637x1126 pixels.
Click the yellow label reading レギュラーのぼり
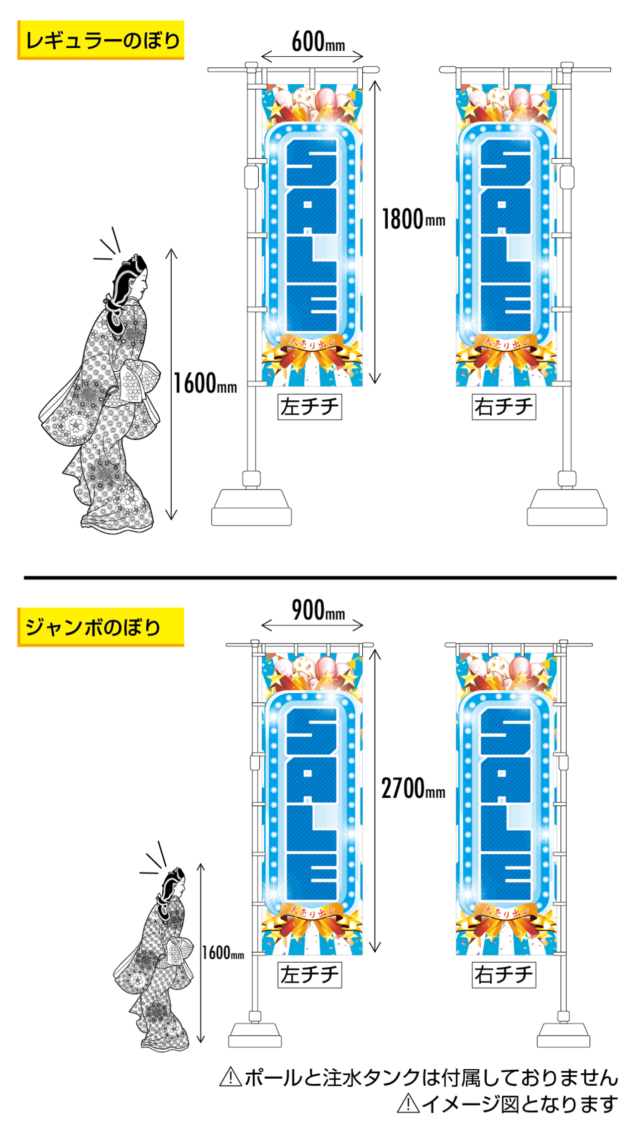[101, 40]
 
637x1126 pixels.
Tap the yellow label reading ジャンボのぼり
[101, 627]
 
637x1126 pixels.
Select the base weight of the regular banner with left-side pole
[251, 508]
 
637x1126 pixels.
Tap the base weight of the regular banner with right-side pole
[567, 508]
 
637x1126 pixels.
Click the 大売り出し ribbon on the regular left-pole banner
[312, 343]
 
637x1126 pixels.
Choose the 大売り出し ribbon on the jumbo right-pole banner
[506, 911]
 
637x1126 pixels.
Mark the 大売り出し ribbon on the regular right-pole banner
[506, 343]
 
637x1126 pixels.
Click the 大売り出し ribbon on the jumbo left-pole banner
[312, 911]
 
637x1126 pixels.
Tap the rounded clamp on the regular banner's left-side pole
[251, 177]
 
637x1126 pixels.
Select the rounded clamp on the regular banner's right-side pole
[567, 177]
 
